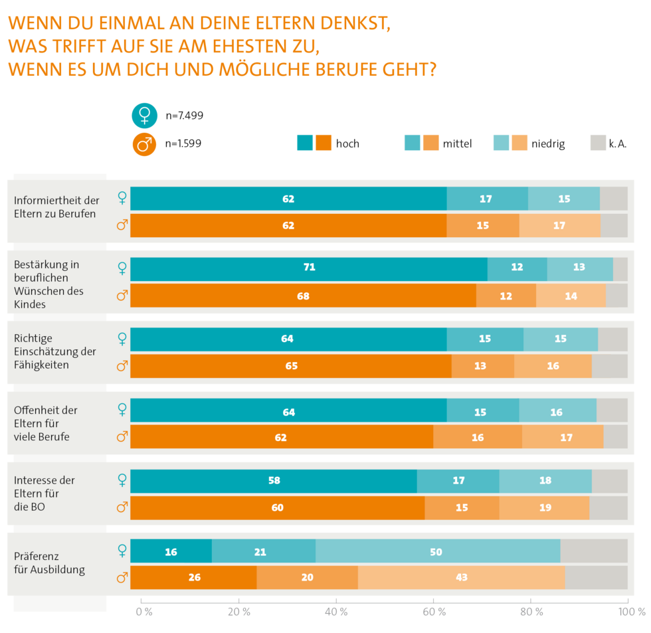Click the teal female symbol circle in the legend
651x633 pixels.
coord(144,116)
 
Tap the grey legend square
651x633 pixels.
coord(598,143)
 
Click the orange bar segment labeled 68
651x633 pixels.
coord(303,296)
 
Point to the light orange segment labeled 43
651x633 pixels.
coord(461,577)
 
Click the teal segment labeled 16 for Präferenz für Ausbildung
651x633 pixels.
coord(171,551)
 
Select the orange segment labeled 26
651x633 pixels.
coord(193,577)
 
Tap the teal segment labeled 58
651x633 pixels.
coord(274,481)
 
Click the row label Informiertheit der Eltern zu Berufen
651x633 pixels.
coord(56,207)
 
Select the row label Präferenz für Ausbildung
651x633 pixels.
coord(49,563)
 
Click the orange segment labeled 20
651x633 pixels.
coord(307,577)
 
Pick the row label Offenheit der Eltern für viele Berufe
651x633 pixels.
coord(46,423)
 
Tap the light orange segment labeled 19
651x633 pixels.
coord(544,507)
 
